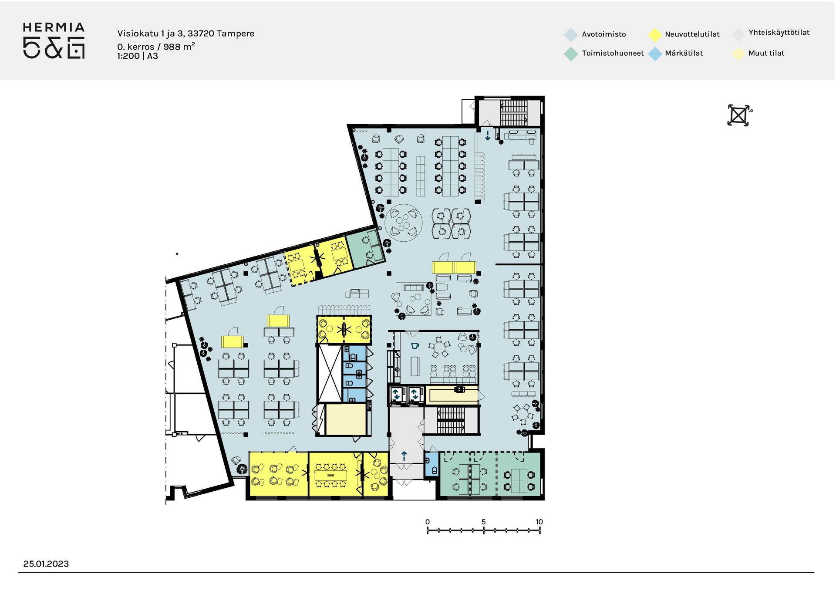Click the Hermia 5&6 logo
[54, 41]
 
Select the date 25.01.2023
[46, 564]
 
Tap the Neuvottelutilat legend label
[692, 34]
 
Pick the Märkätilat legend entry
[684, 53]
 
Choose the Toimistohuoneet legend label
[613, 53]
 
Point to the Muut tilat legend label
[766, 53]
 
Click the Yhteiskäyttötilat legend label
[779, 33]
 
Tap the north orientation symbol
[739, 115]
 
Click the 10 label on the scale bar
[539, 522]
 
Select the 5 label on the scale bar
[483, 522]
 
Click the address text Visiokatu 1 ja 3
[150, 34]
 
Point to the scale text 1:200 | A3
[138, 56]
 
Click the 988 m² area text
[179, 46]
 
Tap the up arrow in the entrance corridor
[404, 456]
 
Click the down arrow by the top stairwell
[488, 135]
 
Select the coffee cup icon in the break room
[415, 346]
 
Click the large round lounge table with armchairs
[404, 223]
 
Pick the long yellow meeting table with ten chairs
[330, 475]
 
